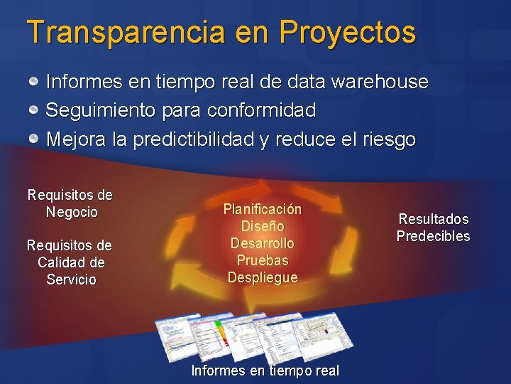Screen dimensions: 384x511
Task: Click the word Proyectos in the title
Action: click(348, 33)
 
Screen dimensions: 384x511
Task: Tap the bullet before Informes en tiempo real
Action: click(34, 82)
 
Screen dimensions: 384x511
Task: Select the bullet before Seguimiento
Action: click(34, 110)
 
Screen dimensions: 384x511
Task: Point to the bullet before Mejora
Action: click(34, 139)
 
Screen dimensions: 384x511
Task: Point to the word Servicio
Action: click(70, 279)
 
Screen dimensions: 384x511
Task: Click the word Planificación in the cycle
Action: click(263, 209)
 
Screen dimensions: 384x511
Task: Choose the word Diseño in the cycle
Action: click(263, 226)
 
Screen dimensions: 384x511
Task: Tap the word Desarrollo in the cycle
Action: click(263, 243)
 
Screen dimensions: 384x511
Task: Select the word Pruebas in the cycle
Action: click(263, 260)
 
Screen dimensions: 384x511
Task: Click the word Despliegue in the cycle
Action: click(263, 277)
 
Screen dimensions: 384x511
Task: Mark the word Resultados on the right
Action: click(433, 219)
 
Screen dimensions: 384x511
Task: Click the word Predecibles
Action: click(433, 236)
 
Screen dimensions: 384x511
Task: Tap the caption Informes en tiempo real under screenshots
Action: click(265, 370)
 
